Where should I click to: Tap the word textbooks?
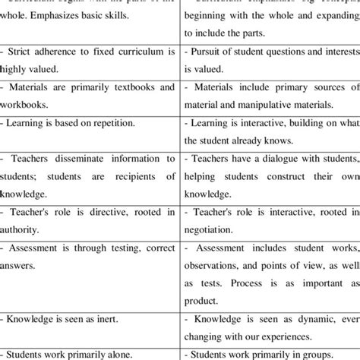[x=125, y=87]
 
